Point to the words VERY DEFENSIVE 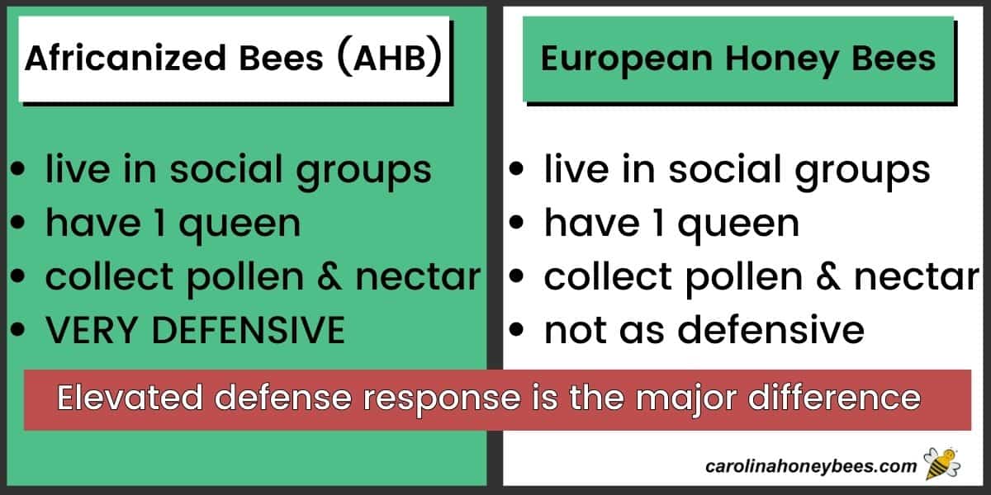click(194, 331)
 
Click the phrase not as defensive click(704, 331)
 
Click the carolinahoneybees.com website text click(811, 466)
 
